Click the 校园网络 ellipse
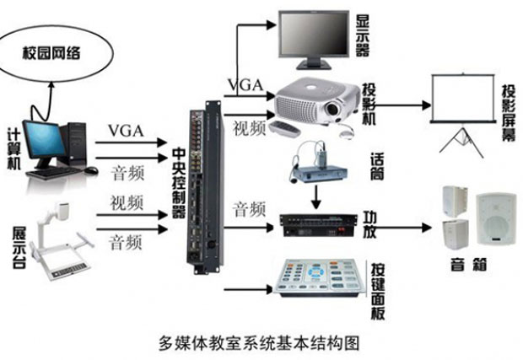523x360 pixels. click(x=51, y=53)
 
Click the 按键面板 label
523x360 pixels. click(x=376, y=286)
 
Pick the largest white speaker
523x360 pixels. click(x=494, y=219)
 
